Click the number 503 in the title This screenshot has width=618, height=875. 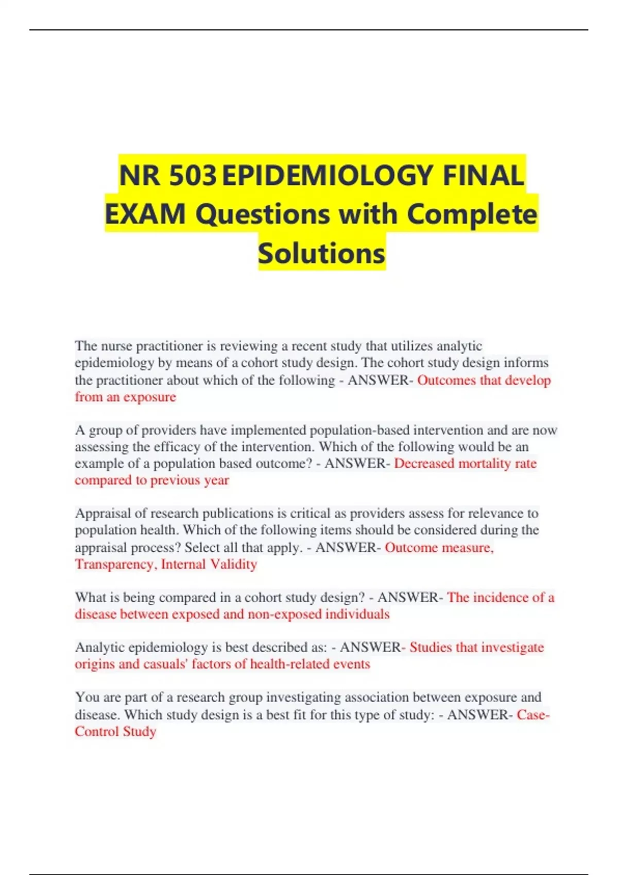[193, 175]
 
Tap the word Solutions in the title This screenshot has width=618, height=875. [321, 253]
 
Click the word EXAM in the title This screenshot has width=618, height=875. [145, 214]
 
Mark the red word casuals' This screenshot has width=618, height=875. [165, 664]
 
